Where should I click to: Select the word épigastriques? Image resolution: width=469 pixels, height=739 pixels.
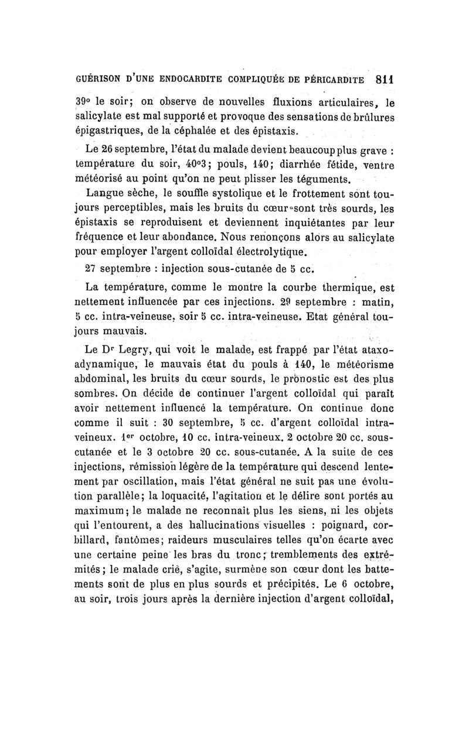[x=107, y=129]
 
